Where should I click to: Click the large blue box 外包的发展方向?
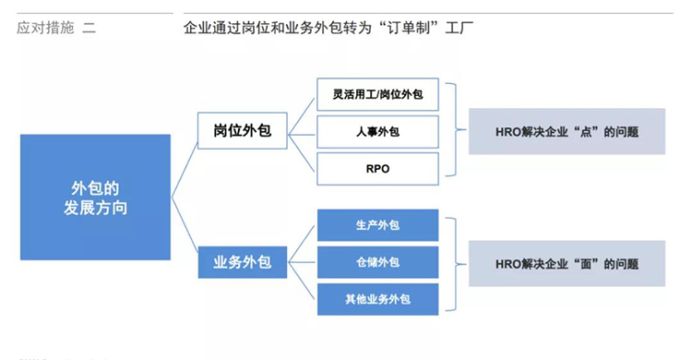coord(95,197)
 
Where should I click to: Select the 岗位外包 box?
coord(236,131)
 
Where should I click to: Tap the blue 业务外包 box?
coord(236,262)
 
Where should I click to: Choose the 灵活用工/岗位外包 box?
coord(376,94)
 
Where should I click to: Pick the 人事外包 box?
coord(376,131)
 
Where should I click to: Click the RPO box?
coord(376,168)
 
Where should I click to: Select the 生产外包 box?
coord(376,225)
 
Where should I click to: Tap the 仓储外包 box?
coord(376,262)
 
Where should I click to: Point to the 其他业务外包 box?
coord(376,299)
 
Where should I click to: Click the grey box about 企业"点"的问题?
coord(567,131)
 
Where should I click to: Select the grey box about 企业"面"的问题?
coord(567,263)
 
